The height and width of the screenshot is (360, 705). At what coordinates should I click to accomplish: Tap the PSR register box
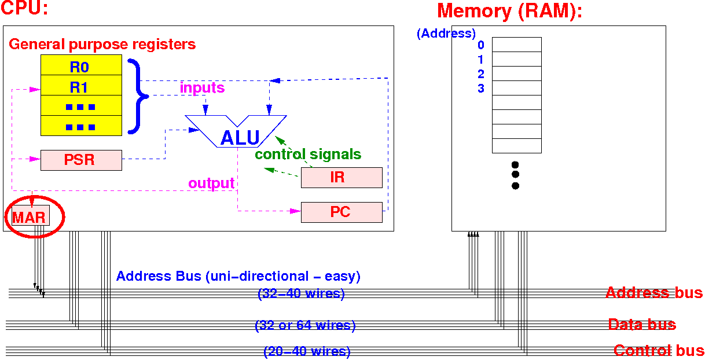coord(81,160)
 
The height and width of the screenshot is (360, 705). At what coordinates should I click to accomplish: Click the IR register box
coord(342,178)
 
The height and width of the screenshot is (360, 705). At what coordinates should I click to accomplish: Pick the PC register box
coord(342,212)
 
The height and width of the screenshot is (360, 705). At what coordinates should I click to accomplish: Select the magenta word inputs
coord(202,88)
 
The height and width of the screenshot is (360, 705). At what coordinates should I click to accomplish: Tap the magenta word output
coord(211,183)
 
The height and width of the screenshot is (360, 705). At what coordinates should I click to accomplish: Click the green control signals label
coord(308,155)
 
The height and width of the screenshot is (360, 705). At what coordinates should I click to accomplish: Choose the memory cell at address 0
coord(516,45)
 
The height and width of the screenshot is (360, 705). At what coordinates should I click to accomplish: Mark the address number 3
coord(481,89)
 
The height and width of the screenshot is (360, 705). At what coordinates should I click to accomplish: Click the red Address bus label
coord(654,292)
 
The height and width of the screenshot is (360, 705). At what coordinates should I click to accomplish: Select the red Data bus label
coord(642,324)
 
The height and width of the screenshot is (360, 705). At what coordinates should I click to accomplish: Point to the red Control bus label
coord(659,350)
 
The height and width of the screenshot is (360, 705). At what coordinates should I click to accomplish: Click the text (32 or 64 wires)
coord(305,325)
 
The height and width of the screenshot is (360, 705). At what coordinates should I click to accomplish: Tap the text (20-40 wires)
coord(307,351)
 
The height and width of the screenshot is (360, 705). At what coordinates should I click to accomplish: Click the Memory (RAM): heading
coord(509,11)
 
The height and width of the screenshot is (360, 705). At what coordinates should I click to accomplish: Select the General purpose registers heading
coord(102,44)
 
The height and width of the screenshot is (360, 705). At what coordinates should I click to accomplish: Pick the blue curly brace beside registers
coord(137,96)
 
